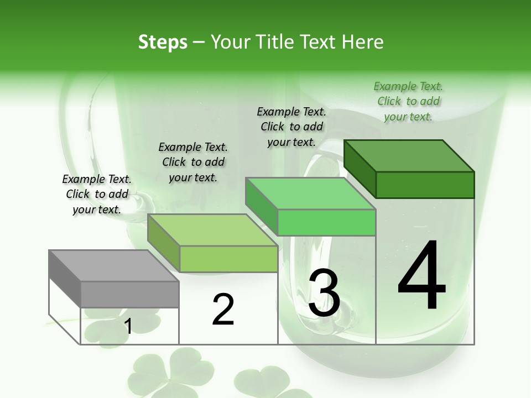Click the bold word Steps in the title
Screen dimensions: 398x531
pyautogui.click(x=163, y=42)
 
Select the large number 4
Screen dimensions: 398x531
pyautogui.click(x=421, y=276)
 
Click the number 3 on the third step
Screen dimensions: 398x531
pyautogui.click(x=324, y=293)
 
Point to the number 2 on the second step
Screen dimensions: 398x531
pyautogui.click(x=223, y=310)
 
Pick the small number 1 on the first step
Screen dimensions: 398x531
pyautogui.click(x=128, y=327)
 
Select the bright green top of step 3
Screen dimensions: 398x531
pyautogui.click(x=310, y=193)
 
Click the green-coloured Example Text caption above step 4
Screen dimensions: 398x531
pyautogui.click(x=408, y=102)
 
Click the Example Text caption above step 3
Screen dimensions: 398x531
pyautogui.click(x=291, y=127)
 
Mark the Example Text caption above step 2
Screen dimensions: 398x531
pyautogui.click(x=192, y=162)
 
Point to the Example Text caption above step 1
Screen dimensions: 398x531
pyautogui.click(x=97, y=194)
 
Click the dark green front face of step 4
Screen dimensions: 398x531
pyautogui.click(x=425, y=185)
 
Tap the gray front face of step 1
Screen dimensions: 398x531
pyautogui.click(x=129, y=294)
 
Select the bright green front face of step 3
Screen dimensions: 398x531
pyautogui.click(x=326, y=222)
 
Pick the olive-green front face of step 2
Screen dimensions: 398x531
pyautogui.click(x=228, y=259)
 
